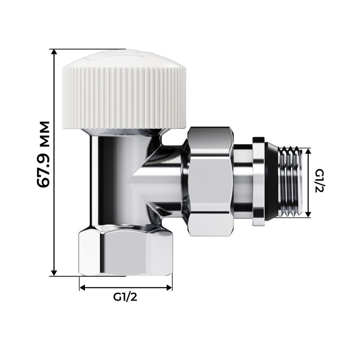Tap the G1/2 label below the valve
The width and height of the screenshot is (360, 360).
pos(126,297)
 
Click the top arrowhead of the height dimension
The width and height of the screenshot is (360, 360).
pos(54,52)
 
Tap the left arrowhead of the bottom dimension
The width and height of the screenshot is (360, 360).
pos(82,287)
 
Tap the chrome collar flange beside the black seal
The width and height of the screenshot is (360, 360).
pos(258,182)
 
